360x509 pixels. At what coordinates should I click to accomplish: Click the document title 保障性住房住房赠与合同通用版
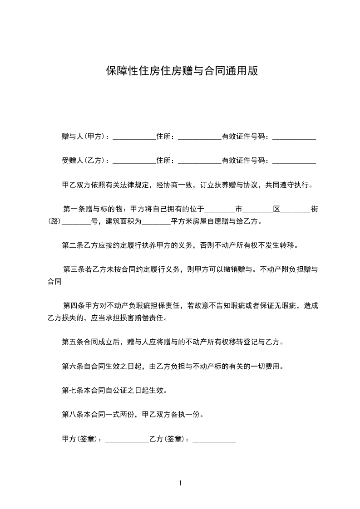pos(182,71)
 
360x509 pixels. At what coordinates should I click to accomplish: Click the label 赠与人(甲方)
pos(84,136)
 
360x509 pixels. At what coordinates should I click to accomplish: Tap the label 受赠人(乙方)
pos(84,161)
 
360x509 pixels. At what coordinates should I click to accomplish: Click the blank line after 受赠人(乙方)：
pos(134,162)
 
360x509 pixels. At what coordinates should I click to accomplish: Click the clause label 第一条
pos(74,210)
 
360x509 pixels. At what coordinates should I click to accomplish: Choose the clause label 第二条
pos(73,246)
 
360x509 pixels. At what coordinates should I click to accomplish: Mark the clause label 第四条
pos(74,306)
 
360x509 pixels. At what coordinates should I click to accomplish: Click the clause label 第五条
pos(73,342)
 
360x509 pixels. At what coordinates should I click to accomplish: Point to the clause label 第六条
pos(73,367)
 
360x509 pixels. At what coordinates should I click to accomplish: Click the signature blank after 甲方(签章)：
pos(127,440)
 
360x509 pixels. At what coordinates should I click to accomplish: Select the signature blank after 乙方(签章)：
pos(214,440)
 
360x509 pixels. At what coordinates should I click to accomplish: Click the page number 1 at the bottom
pos(180,483)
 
